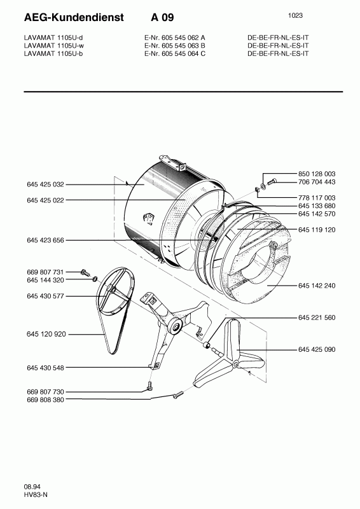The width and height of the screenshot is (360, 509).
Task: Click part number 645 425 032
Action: click(45, 185)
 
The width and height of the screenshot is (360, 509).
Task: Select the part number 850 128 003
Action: click(317, 174)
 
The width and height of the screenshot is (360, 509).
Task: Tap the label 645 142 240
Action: click(317, 286)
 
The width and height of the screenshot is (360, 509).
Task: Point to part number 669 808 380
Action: click(45, 400)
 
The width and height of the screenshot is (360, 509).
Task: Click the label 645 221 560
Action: click(317, 317)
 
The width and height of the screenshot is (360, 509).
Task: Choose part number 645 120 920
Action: click(45, 334)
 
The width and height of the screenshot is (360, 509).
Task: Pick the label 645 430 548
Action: click(45, 368)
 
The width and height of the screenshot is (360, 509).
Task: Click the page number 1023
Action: click(295, 15)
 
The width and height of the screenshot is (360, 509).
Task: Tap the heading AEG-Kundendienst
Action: click(74, 18)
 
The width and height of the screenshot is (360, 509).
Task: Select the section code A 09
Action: click(162, 18)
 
